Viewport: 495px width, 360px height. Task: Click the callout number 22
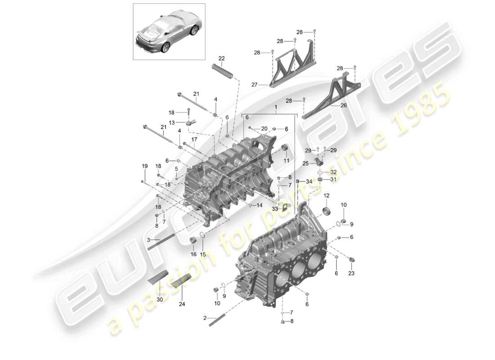[221, 58]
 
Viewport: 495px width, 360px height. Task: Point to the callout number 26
[344, 106]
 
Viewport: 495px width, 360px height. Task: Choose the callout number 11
[286, 160]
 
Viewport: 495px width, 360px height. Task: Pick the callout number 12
[326, 196]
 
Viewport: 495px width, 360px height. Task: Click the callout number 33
[275, 208]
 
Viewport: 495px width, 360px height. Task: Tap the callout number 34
[308, 181]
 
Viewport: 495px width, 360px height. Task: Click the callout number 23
[351, 273]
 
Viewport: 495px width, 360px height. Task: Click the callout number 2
[205, 318]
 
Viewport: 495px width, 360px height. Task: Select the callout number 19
[144, 166]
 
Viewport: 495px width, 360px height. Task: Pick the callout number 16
[193, 254]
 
